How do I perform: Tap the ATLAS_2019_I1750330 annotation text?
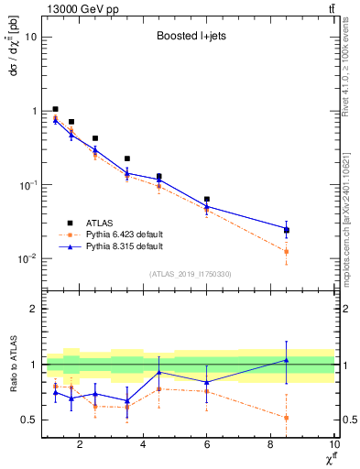189,274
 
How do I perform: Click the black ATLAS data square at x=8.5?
287,231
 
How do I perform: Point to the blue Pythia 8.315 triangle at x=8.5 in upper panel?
287,228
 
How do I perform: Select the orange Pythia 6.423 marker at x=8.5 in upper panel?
287,251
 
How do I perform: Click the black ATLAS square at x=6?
207,199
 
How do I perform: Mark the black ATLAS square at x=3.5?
127,158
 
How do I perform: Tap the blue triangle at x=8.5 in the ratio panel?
287,360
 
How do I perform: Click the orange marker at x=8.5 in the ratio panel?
287,418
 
